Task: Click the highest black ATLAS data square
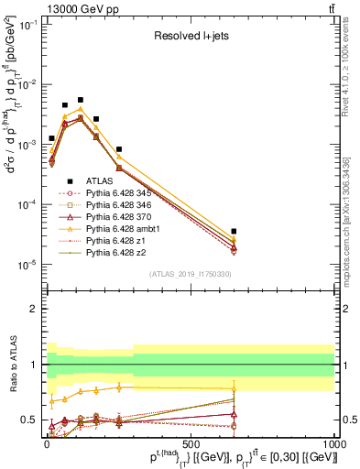point(81,100)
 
